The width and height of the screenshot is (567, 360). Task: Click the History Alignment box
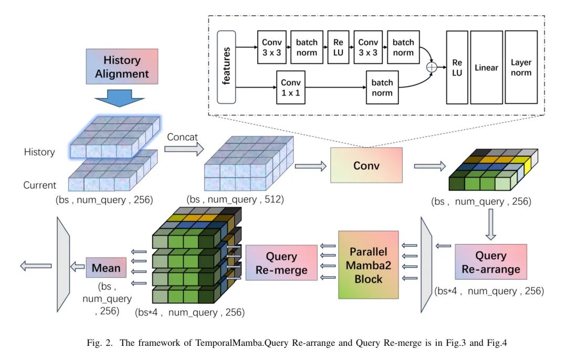coord(122,67)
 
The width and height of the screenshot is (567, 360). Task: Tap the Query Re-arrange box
coord(490,263)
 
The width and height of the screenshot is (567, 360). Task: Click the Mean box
coord(106,268)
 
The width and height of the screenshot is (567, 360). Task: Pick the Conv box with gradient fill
coord(366,165)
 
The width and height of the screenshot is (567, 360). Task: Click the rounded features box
coord(227,67)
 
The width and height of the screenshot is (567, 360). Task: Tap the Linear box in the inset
coord(486,67)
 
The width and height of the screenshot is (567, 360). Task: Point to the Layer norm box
coord(521,67)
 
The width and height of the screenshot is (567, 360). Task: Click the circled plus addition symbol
coord(432,67)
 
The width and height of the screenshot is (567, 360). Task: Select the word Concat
coord(183,137)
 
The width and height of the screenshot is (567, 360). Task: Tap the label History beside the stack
coord(39,152)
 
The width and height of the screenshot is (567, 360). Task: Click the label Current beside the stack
coord(39,185)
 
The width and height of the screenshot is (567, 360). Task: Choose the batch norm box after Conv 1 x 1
coord(382,88)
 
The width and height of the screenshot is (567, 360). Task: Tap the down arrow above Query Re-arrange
coord(490,224)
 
